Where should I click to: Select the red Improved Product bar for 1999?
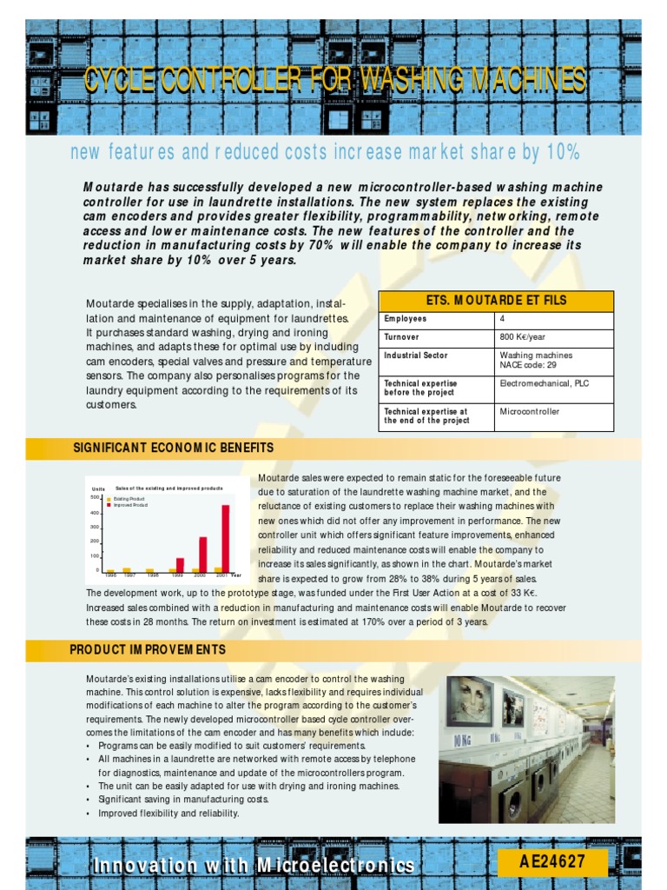[180, 564]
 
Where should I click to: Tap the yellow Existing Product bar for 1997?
[127, 570]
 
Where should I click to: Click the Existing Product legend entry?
[127, 499]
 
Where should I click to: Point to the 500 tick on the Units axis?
[96, 497]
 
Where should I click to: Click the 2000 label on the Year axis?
[199, 575]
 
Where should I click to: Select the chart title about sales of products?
[169, 488]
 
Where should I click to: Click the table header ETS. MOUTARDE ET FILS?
[496, 301]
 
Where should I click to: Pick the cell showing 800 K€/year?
[522, 336]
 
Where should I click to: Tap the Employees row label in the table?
[406, 319]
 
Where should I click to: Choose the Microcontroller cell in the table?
[530, 411]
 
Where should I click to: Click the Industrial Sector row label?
[415, 355]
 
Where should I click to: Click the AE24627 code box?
[551, 862]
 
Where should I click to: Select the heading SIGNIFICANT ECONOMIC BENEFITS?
[174, 448]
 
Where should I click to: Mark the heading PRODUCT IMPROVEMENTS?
[149, 650]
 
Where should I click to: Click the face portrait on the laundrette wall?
[470, 701]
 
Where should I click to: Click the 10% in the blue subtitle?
[563, 153]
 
